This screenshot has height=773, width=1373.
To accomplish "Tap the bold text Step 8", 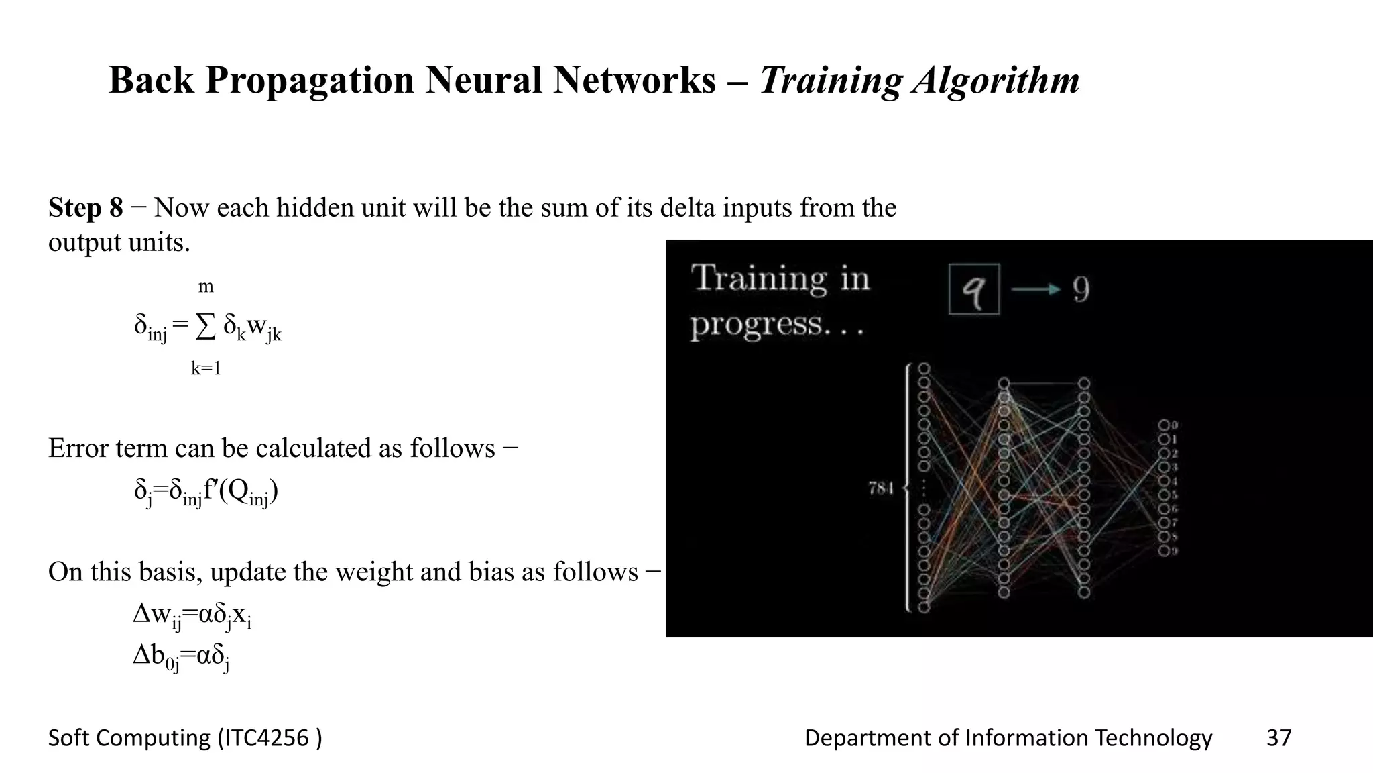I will (x=85, y=208).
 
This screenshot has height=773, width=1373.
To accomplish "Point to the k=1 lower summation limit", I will (x=205, y=368).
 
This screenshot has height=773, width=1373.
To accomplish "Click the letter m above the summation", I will (x=205, y=287).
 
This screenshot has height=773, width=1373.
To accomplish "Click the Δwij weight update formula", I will (x=192, y=615).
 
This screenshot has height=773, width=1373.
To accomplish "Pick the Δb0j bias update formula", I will (x=181, y=656).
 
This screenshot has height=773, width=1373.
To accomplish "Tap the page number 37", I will (x=1278, y=738).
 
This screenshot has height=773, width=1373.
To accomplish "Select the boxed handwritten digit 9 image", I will (x=973, y=289).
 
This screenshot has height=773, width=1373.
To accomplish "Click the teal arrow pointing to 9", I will (x=1035, y=289).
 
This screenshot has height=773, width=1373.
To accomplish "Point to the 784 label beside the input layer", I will (x=881, y=488).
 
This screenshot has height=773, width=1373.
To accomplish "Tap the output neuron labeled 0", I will (x=1164, y=425).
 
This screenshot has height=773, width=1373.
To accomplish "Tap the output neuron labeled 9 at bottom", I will (x=1164, y=551).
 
